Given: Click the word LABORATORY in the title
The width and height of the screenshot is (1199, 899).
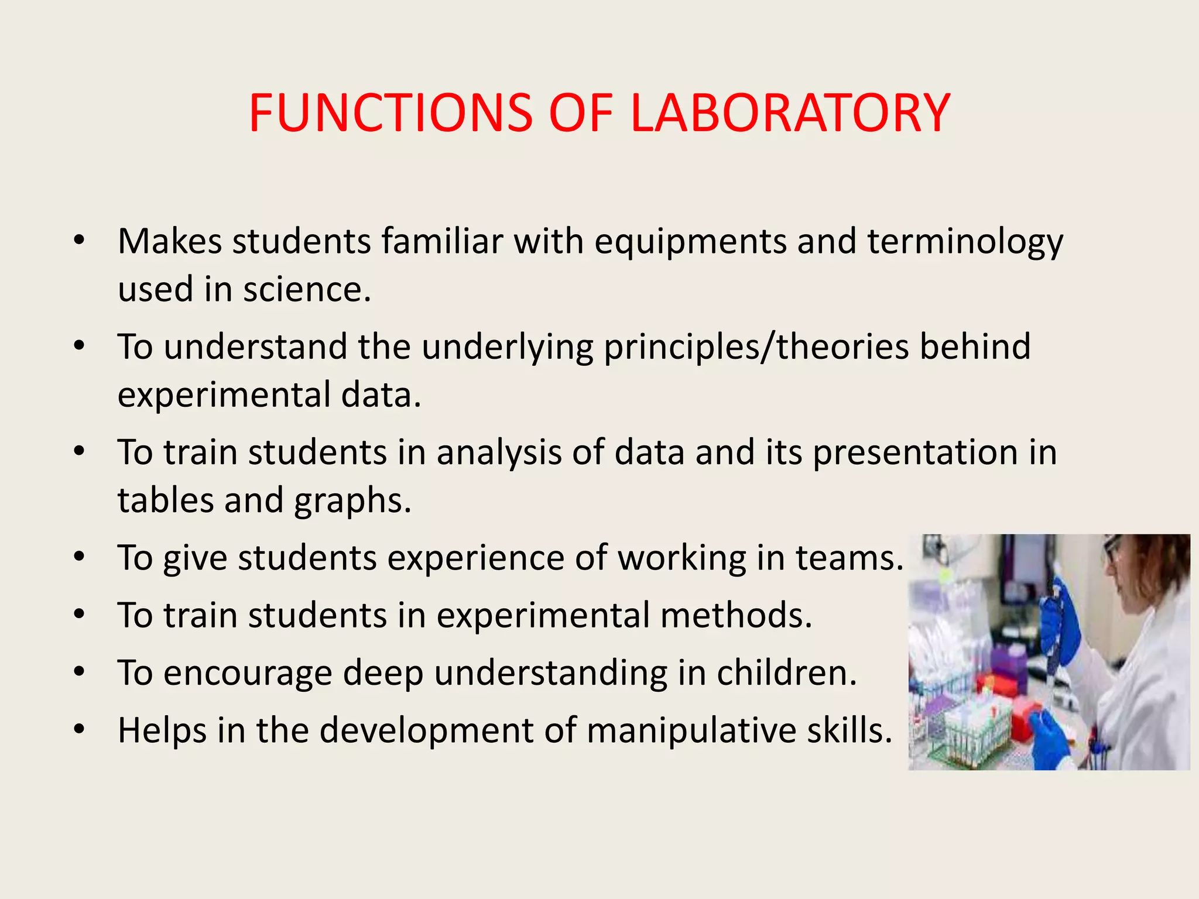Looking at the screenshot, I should (x=790, y=113).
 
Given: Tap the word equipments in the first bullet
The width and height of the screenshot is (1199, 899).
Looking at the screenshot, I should (x=690, y=242).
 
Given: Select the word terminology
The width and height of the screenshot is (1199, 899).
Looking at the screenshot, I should (x=965, y=242).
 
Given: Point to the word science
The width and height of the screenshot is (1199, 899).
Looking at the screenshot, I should (x=307, y=290).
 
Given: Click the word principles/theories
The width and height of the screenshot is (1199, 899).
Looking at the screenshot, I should (x=756, y=346).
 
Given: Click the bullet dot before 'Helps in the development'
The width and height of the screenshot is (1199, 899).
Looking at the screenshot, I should (x=80, y=730).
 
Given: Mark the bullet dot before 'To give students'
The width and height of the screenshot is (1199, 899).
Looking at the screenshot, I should (x=80, y=557).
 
